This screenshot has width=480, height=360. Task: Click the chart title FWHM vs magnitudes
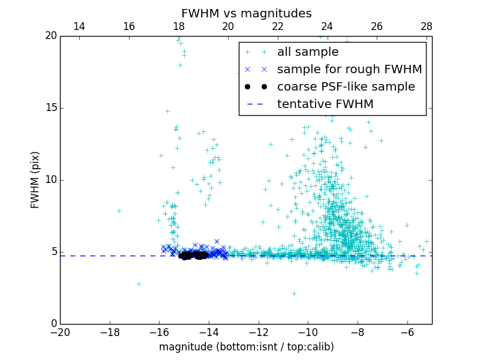pyautogui.click(x=246, y=13)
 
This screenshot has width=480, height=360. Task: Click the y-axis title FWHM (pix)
pyautogui.click(x=35, y=180)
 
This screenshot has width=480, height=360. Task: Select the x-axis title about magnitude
pyautogui.click(x=246, y=347)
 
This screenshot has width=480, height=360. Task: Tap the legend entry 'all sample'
pyautogui.click(x=307, y=52)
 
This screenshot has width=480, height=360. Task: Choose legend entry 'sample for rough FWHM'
pyautogui.click(x=349, y=70)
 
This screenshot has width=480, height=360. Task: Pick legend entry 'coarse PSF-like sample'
pyautogui.click(x=346, y=87)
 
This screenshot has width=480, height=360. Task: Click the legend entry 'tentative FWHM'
pyautogui.click(x=325, y=104)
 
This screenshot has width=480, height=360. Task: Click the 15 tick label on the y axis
pyautogui.click(x=50, y=108)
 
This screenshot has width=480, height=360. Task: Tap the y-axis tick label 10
pyautogui.click(x=50, y=180)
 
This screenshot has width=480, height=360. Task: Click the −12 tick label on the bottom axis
pyautogui.click(x=259, y=332)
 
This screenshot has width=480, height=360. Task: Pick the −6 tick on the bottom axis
pyautogui.click(x=407, y=332)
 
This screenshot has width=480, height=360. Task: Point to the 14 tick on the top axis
pyautogui.click(x=79, y=26)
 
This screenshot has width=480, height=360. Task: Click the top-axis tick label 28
pyautogui.click(x=427, y=26)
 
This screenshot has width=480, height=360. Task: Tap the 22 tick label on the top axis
pyautogui.click(x=277, y=26)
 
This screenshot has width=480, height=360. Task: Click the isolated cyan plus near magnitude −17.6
pyautogui.click(x=119, y=211)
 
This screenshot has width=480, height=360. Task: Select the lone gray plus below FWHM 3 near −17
pyautogui.click(x=139, y=284)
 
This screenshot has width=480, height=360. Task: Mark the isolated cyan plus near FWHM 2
pyautogui.click(x=294, y=293)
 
